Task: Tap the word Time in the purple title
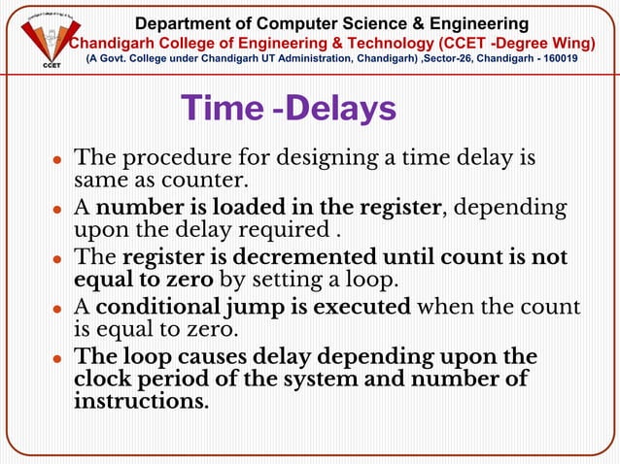coord(224,109)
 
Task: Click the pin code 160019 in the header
coord(582,58)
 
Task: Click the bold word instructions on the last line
coord(140,400)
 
